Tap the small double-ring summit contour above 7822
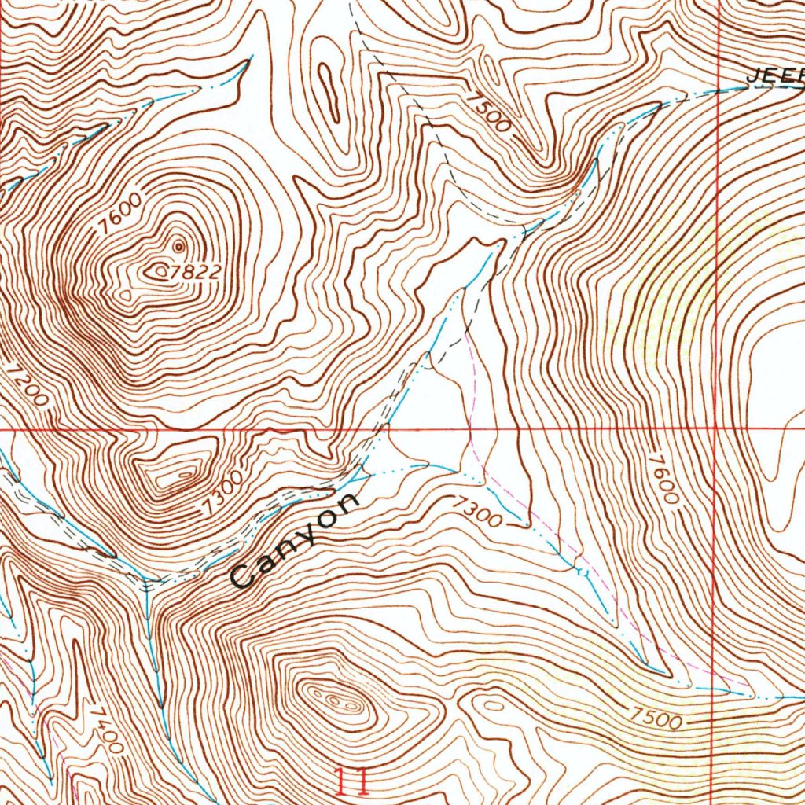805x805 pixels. click(x=178, y=247)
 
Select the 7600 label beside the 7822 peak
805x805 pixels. click(x=122, y=212)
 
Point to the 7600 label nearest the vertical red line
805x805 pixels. click(x=664, y=479)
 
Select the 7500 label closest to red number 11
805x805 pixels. click(x=654, y=717)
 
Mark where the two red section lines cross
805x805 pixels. click(x=714, y=429)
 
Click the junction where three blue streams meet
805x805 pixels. click(x=148, y=584)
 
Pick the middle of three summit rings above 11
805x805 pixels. click(x=333, y=699)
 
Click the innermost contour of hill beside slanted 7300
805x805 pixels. click(x=185, y=475)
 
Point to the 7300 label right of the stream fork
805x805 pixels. click(x=476, y=513)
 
